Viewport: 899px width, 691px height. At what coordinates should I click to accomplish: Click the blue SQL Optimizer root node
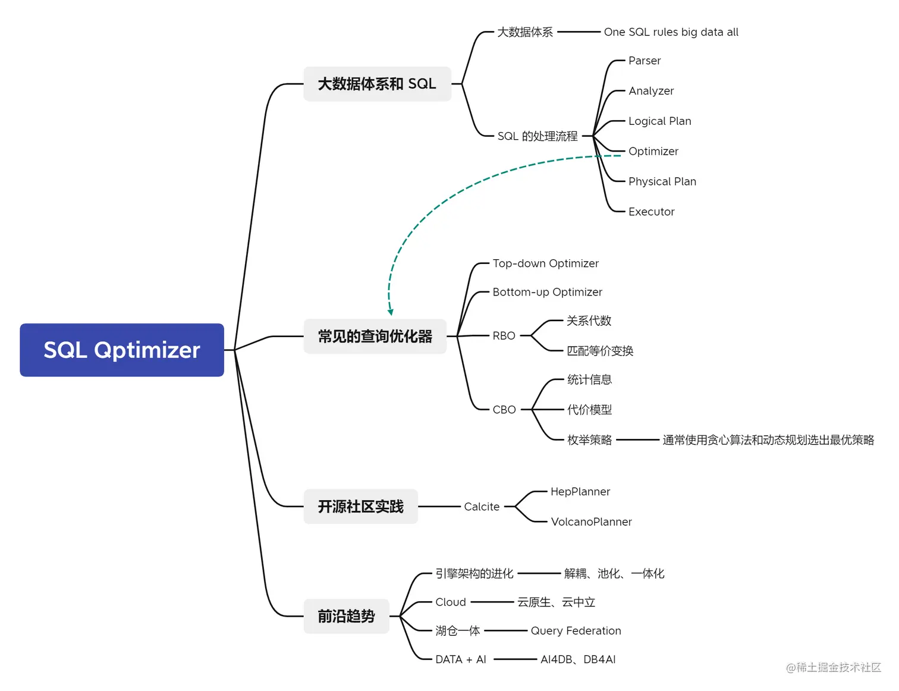(x=122, y=350)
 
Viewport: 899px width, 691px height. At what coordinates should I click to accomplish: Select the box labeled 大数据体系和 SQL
(x=377, y=84)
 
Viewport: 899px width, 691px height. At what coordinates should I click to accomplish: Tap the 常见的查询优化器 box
(x=375, y=337)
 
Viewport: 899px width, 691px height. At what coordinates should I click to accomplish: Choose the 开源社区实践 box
(x=360, y=507)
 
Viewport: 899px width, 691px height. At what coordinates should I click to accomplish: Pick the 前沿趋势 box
(x=346, y=616)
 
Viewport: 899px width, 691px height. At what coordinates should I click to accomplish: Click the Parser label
(x=645, y=61)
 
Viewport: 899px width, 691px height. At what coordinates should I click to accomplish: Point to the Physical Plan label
(x=662, y=181)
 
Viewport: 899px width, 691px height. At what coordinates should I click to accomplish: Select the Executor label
(x=651, y=212)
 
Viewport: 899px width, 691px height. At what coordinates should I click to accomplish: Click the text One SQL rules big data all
(x=671, y=32)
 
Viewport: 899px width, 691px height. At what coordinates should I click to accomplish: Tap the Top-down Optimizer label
(x=545, y=263)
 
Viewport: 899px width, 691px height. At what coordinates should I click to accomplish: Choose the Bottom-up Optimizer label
(x=547, y=292)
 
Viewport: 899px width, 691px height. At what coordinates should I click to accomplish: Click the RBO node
(x=504, y=336)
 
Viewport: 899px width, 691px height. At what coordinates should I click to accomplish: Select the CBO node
(x=504, y=410)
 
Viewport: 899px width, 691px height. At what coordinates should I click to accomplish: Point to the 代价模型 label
(x=589, y=410)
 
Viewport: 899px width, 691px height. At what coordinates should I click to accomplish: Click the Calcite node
(x=482, y=507)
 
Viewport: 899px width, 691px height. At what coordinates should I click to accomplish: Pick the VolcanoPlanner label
(x=591, y=522)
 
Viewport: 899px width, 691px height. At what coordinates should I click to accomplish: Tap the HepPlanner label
(x=580, y=492)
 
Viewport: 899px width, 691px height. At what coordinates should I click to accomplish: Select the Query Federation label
(x=576, y=631)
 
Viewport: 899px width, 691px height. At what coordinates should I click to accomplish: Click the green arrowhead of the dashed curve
(x=391, y=312)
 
